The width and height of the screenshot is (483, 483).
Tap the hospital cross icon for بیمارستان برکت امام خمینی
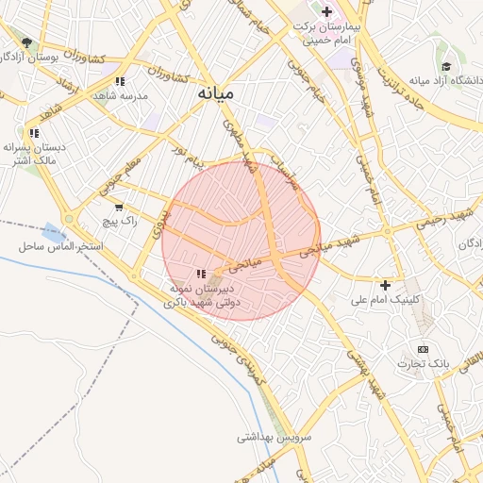326,11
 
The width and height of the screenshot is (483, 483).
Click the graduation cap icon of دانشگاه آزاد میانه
445,66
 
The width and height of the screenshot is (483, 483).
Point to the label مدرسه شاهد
118,95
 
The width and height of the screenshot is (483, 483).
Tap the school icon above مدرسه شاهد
119,81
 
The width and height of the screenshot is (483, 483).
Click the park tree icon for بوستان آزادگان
27,42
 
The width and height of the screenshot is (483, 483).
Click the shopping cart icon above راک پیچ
119,207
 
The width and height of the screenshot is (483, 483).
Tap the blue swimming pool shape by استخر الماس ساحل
50,230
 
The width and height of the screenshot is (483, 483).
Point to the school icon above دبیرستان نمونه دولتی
200,273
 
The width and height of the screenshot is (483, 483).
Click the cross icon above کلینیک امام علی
385,285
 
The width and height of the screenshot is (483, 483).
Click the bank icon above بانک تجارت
422,350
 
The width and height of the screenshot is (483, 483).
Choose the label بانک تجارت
421,364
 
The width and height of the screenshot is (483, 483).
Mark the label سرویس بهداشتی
267,437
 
